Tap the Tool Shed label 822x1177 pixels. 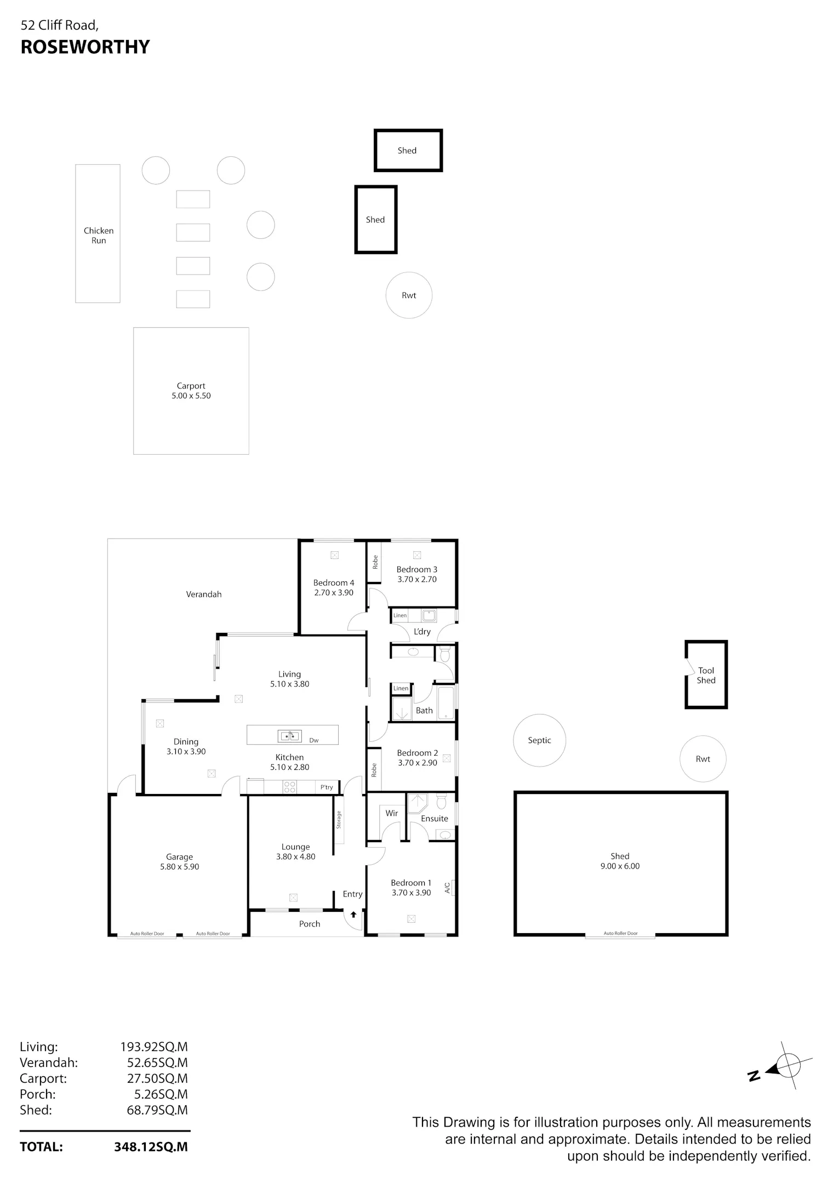point(706,675)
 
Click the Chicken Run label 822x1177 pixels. point(99,236)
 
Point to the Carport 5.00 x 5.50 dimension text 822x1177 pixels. point(191,396)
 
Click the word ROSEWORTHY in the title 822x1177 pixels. point(85,47)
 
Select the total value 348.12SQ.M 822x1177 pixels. point(151,1147)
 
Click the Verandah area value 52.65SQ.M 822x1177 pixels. point(157,1062)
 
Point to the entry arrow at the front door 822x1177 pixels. point(353,915)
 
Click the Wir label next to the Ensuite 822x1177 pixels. point(391,813)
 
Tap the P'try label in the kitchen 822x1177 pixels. point(327,787)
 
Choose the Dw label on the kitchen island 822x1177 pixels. point(314,740)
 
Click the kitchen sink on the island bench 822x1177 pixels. point(289,736)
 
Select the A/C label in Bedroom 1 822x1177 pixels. point(447,887)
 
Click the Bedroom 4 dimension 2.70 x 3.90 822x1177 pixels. point(334,592)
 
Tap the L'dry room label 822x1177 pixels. point(422,631)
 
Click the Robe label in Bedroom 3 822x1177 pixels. point(375,562)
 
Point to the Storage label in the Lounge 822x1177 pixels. point(339,819)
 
